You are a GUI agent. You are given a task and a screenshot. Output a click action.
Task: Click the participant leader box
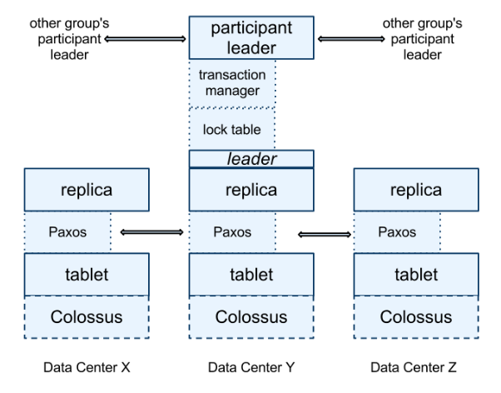[x=251, y=37]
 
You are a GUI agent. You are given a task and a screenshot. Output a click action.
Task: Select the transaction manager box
[x=232, y=83]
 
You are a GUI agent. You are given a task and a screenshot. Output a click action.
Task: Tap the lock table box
[x=232, y=129]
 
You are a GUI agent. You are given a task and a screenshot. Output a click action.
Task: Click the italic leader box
[x=251, y=158]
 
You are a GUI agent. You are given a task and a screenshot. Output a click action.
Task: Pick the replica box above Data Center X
[x=87, y=190]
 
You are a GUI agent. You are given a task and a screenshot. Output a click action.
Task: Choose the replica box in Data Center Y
[x=251, y=190]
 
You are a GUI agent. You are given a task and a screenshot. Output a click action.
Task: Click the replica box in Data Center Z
[x=416, y=190]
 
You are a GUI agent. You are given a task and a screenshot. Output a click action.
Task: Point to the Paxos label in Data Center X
[x=67, y=231]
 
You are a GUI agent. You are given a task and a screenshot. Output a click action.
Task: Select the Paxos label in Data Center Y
[x=232, y=231]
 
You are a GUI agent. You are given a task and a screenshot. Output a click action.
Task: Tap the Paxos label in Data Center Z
[x=397, y=231]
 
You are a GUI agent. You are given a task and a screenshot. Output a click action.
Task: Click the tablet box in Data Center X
[x=87, y=275]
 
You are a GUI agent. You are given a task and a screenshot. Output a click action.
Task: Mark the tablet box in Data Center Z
[x=416, y=275]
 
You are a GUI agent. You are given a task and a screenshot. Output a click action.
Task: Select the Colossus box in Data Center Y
[x=251, y=317]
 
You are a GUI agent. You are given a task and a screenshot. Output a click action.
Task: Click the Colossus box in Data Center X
[x=87, y=317]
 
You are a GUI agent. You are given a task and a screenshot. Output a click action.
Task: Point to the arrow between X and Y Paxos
[x=151, y=232]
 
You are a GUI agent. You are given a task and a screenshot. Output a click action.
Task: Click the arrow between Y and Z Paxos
[x=325, y=235]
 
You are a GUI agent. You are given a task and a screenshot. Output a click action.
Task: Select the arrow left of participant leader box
[x=146, y=39]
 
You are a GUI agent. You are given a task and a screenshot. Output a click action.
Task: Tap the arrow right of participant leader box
[x=351, y=39]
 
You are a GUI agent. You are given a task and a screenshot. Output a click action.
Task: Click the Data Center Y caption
[x=251, y=367]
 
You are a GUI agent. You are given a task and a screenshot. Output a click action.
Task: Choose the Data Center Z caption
[x=414, y=367]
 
